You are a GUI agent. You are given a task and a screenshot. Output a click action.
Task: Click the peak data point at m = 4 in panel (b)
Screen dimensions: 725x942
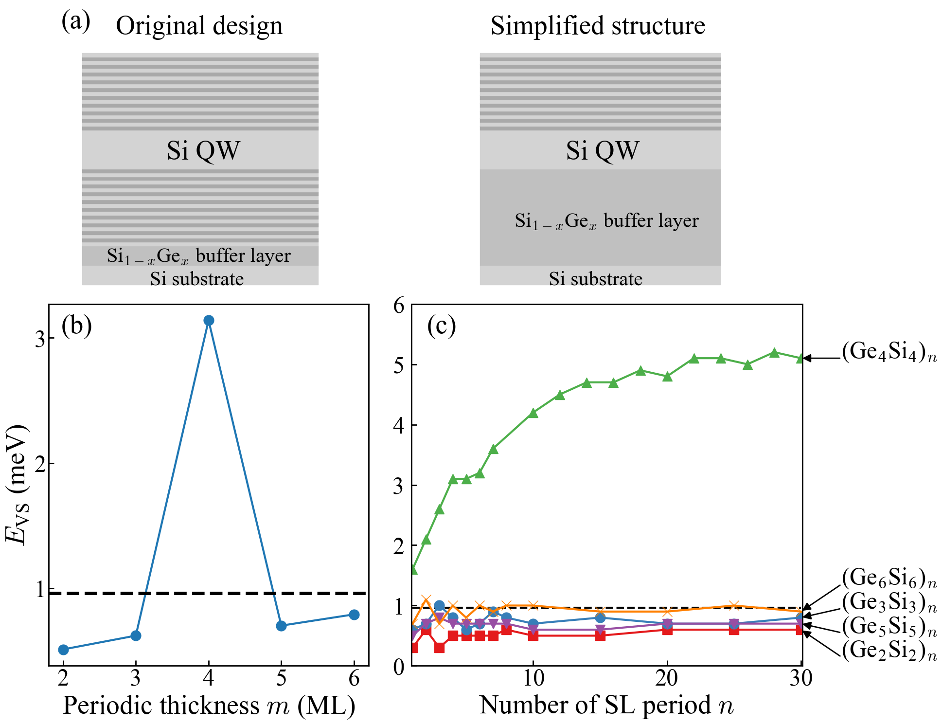[x=209, y=320]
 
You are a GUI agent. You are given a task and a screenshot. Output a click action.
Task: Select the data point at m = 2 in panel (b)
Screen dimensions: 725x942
[x=63, y=650]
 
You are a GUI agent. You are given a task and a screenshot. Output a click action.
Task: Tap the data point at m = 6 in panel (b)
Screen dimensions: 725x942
[x=354, y=615]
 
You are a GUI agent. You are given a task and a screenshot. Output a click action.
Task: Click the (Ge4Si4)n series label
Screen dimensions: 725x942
[x=889, y=352]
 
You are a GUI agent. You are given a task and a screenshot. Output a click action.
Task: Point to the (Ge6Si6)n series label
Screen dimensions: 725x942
[x=889, y=578]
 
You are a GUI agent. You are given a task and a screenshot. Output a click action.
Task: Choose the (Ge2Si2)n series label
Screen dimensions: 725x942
[x=889, y=650]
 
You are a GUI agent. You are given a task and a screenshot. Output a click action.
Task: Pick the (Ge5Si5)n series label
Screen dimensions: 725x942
[x=889, y=626]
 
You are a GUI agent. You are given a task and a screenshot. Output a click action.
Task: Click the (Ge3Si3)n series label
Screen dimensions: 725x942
[x=889, y=602]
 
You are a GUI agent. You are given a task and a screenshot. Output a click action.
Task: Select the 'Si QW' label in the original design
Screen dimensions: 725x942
[x=203, y=150]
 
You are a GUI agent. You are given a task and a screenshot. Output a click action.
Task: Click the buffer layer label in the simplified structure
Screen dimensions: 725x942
[x=606, y=221]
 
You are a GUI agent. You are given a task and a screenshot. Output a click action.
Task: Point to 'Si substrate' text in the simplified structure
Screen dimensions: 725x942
[x=595, y=279]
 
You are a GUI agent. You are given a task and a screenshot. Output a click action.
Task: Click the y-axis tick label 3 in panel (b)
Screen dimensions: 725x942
[x=41, y=339]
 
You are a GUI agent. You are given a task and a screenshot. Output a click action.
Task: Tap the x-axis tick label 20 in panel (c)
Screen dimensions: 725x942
[x=667, y=678]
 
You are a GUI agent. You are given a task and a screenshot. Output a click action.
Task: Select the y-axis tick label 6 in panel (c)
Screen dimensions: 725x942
[x=399, y=306]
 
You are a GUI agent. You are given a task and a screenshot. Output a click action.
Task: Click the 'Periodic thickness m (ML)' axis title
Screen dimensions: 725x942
[x=209, y=706]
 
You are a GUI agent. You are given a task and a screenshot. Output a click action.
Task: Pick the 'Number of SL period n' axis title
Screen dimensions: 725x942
[x=606, y=706]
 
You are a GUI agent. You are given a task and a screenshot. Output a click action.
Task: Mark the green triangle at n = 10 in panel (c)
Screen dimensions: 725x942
[x=533, y=413]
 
